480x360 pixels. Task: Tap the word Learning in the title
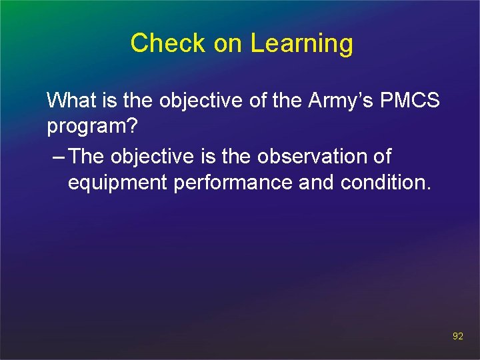302,44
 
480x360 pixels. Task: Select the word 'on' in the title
229,44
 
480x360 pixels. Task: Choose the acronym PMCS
410,101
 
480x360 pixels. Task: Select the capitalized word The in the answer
87,157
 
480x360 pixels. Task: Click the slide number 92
457,337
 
